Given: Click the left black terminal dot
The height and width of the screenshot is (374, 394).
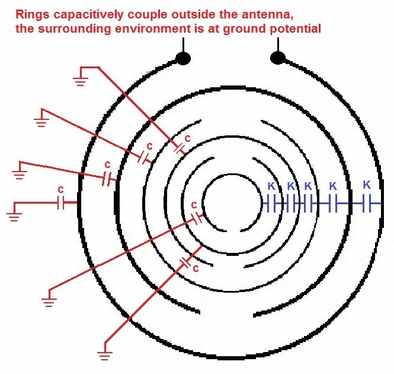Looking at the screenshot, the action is (183, 58).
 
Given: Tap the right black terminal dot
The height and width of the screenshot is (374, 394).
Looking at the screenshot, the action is (278, 58).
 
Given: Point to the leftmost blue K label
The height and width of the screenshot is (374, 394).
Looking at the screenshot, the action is (271, 186).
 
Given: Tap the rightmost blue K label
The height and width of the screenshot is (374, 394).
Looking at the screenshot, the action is (366, 185).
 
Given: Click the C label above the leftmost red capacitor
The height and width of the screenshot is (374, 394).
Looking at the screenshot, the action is (60, 189).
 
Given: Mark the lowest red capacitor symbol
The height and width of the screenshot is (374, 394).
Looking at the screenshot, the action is (185, 261).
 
